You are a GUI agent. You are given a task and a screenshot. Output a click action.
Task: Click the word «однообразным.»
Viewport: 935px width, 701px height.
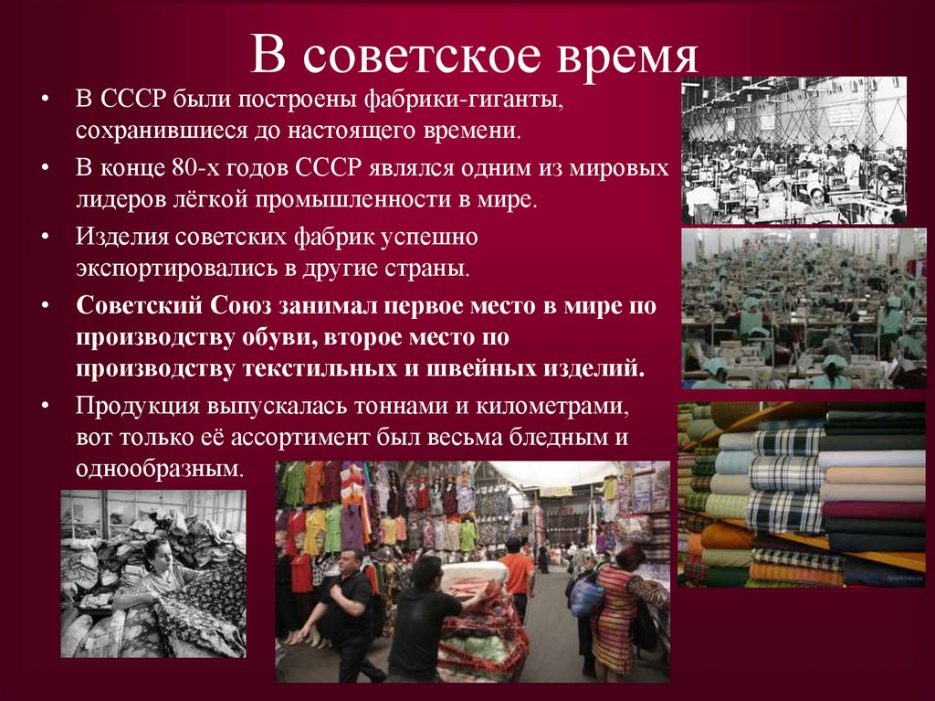[x=162, y=470]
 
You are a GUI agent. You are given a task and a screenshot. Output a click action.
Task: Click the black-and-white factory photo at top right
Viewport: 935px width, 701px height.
[x=793, y=150]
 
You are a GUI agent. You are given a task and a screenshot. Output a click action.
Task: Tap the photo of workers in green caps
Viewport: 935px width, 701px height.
[x=804, y=308]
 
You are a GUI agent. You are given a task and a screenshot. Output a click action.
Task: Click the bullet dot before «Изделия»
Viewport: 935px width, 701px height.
[x=46, y=236]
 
